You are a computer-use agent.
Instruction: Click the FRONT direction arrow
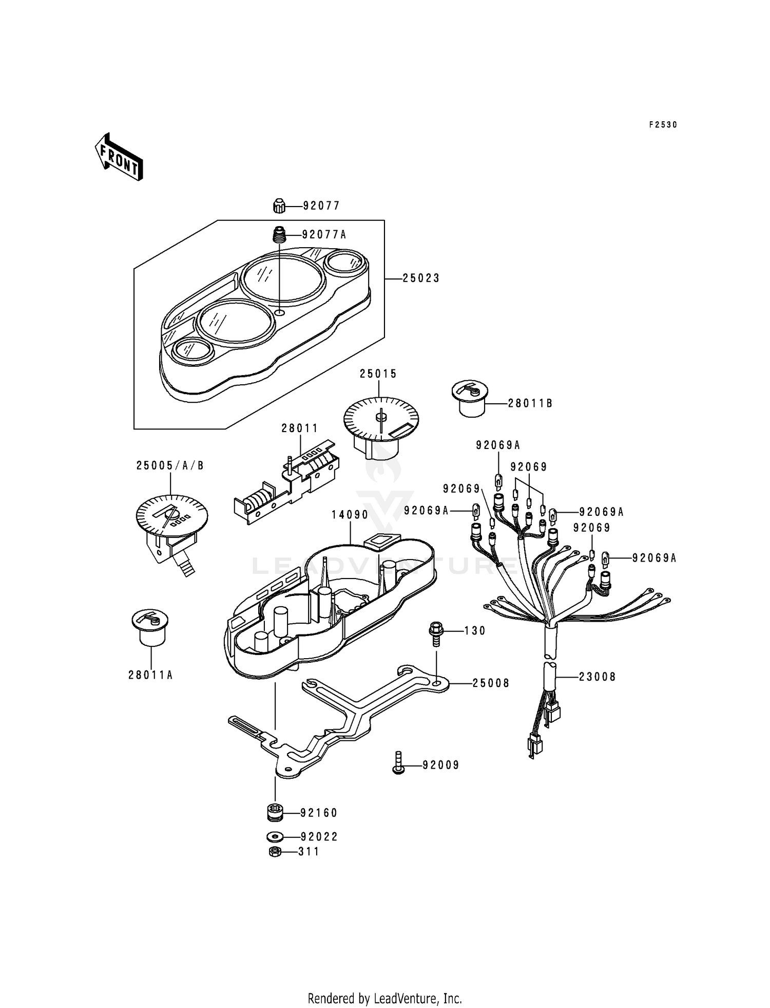(119, 157)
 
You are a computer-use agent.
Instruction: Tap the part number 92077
(321, 206)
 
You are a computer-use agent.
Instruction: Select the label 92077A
(324, 235)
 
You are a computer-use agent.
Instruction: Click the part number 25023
(421, 278)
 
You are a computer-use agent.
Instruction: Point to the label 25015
(378, 374)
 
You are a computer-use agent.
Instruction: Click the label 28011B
(530, 403)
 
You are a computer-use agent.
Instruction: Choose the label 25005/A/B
(170, 465)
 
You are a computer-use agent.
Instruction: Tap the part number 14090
(350, 514)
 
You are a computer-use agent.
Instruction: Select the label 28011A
(150, 675)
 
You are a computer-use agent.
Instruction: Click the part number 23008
(597, 677)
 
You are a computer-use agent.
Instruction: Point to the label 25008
(491, 683)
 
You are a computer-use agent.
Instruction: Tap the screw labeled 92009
(399, 764)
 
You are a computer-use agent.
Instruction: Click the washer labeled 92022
(275, 837)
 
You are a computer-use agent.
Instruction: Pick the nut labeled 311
(275, 852)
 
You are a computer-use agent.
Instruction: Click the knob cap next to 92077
(279, 206)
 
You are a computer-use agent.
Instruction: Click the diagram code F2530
(663, 124)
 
